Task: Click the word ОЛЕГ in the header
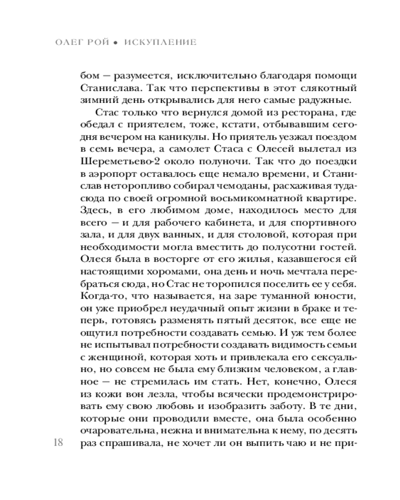point(69,42)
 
